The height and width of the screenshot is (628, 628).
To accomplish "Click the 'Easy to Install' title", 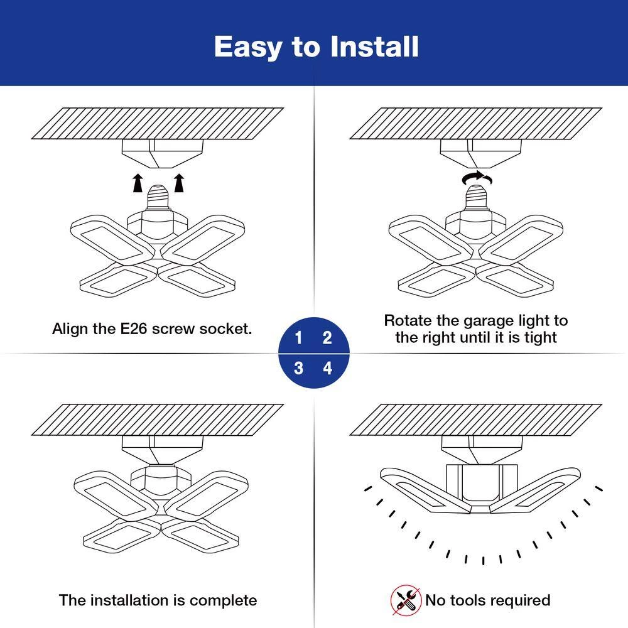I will click(316, 47).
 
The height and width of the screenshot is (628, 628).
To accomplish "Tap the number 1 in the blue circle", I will click(299, 338).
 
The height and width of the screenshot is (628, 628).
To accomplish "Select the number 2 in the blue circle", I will click(327, 338).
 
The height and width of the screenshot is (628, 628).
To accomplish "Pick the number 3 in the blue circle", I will click(299, 368).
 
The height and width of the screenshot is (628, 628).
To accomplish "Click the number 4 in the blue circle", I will click(327, 368).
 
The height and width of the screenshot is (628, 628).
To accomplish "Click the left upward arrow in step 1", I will click(137, 183).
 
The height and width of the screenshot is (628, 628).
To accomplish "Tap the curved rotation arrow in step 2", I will click(477, 178).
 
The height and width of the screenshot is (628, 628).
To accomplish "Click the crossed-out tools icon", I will click(406, 600).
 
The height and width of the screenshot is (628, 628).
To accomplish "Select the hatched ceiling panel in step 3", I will click(158, 420).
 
